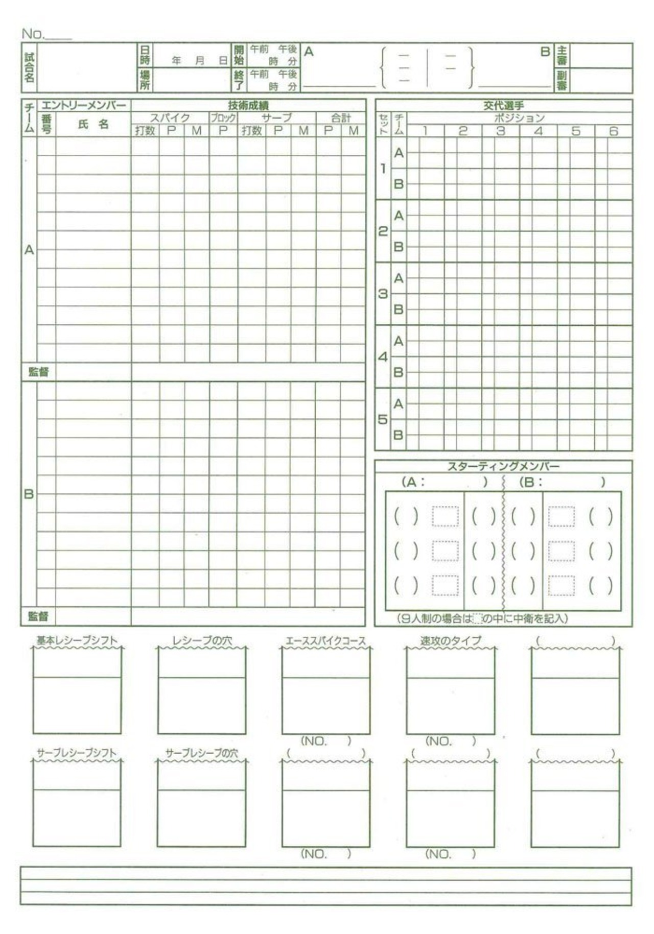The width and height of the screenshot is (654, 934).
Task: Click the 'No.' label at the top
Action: (x=33, y=34)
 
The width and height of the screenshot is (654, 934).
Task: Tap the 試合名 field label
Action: (x=29, y=68)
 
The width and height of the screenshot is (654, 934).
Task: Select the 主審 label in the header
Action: (x=562, y=55)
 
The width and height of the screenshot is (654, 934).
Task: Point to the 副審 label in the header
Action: (x=562, y=80)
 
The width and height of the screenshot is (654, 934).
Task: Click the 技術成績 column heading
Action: (x=248, y=106)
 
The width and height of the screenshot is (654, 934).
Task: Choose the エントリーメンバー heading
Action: (x=84, y=106)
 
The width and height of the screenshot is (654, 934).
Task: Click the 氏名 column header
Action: (x=93, y=124)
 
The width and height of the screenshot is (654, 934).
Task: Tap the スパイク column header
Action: (x=170, y=118)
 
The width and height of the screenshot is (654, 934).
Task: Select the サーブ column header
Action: (x=276, y=118)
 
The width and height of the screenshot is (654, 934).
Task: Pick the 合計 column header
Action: (x=341, y=118)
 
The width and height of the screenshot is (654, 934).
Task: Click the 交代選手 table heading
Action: (x=504, y=106)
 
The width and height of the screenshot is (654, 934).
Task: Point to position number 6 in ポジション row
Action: (x=614, y=131)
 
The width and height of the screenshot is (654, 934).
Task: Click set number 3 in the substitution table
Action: (x=383, y=294)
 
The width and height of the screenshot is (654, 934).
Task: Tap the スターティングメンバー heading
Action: (x=503, y=466)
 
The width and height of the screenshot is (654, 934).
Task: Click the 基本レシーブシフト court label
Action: (x=77, y=640)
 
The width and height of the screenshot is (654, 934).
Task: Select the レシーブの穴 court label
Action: (x=202, y=640)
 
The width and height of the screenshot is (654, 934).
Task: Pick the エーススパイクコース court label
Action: (x=325, y=640)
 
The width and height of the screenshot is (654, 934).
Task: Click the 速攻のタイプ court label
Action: (x=451, y=640)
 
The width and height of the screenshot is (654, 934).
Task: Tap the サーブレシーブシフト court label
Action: (x=77, y=753)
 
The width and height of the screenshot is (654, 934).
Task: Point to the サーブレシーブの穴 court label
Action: (x=202, y=753)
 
